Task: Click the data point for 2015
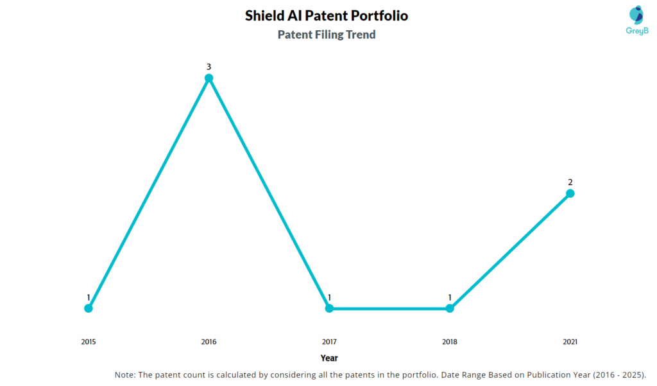tap(89, 308)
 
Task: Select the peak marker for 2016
tap(209, 78)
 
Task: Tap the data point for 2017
tap(329, 308)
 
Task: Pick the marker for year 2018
tap(450, 308)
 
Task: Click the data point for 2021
tap(570, 193)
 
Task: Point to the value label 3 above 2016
tap(209, 67)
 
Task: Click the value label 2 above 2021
tap(570, 182)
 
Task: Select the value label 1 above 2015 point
tap(89, 297)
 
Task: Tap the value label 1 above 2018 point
tap(450, 297)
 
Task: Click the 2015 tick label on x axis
tap(89, 342)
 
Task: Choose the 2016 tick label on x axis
tap(209, 342)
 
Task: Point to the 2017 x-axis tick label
tap(329, 342)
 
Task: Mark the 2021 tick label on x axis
tap(570, 342)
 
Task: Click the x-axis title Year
tap(329, 358)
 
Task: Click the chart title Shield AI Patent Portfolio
tap(326, 15)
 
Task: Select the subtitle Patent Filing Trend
tap(326, 35)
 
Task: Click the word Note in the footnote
tap(125, 375)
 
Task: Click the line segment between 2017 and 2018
tap(389, 308)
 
